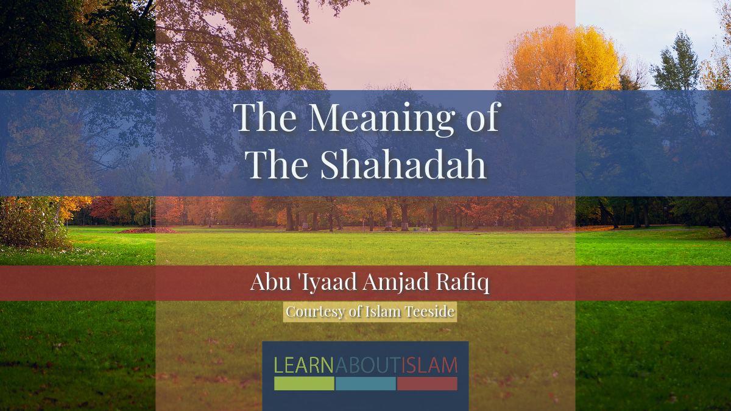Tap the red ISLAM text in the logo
[429, 365]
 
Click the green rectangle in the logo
[304, 384]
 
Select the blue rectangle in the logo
[365, 384]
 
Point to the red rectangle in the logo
[427, 384]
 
